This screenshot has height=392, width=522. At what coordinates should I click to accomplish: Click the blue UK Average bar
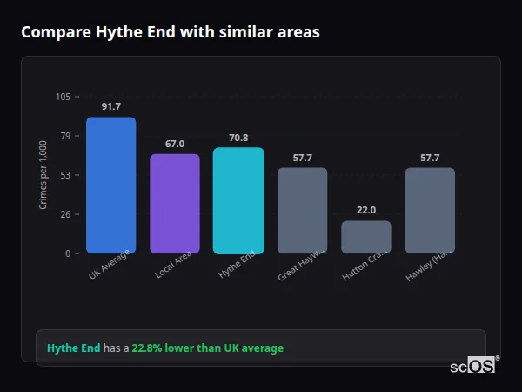(x=110, y=185)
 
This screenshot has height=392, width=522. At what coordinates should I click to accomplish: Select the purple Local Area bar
(x=175, y=204)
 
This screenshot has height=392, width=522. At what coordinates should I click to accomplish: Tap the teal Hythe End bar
(x=238, y=200)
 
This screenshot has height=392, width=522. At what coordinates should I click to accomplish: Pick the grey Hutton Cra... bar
(x=366, y=237)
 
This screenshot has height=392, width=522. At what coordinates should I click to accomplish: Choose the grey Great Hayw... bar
(x=302, y=210)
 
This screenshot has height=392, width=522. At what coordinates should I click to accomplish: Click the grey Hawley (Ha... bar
(x=430, y=210)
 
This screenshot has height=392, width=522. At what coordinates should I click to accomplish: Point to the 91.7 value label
(x=110, y=106)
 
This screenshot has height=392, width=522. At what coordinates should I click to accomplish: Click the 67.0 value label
(x=175, y=144)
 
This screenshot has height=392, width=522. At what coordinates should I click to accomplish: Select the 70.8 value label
(x=238, y=138)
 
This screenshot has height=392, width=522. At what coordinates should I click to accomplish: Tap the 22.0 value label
(x=366, y=211)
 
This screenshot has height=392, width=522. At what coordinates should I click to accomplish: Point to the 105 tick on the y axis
(x=63, y=97)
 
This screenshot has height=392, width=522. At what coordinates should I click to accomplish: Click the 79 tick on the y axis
(x=65, y=136)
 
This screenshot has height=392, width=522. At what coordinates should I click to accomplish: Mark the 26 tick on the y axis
(x=65, y=214)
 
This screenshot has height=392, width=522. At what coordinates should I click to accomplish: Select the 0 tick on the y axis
(x=68, y=253)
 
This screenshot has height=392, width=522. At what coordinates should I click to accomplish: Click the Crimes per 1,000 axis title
(x=43, y=175)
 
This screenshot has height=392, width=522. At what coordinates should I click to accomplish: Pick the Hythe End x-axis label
(x=237, y=265)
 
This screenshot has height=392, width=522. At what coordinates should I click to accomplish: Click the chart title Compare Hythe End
(x=170, y=32)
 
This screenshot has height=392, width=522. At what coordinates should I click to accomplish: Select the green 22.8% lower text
(x=207, y=348)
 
